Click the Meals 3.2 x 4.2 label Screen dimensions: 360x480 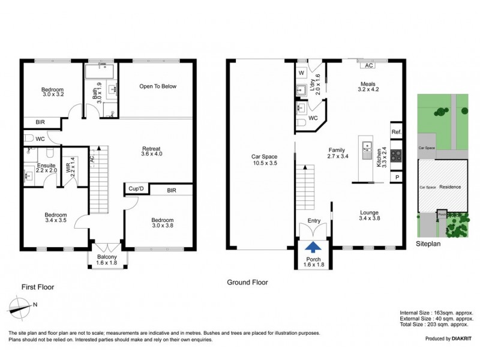click(x=368, y=86)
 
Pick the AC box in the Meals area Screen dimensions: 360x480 click(x=368, y=65)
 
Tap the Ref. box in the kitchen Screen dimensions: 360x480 click(x=396, y=132)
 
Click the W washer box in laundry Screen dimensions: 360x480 click(x=301, y=73)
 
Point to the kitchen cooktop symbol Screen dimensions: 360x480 click(x=396, y=155)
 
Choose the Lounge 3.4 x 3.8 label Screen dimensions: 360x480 click(x=368, y=215)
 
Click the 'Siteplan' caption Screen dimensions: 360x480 click(x=429, y=245)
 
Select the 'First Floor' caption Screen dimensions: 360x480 click(x=37, y=287)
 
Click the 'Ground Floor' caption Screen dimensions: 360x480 click(x=247, y=282)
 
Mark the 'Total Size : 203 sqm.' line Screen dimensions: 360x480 click(x=437, y=325)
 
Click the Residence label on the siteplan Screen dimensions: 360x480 click(x=449, y=187)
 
